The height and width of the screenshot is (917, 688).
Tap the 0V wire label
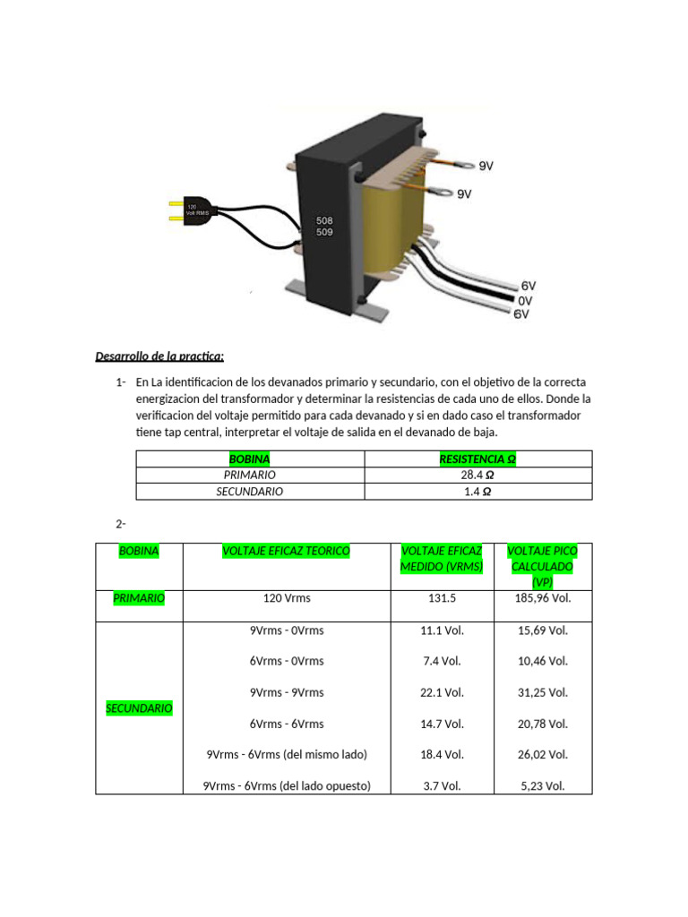(525, 301)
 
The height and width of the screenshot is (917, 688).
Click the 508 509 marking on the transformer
(323, 226)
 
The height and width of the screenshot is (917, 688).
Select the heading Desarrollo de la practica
(159, 356)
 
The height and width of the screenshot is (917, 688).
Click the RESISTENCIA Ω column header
(477, 459)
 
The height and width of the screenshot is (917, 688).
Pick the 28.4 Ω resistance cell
(477, 476)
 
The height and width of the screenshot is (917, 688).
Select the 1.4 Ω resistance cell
(477, 492)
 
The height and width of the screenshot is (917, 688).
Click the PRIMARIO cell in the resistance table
(250, 476)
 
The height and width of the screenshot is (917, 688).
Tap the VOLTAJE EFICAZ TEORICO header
(286, 552)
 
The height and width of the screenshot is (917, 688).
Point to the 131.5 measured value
(442, 598)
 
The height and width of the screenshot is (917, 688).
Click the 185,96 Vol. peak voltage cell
(543, 598)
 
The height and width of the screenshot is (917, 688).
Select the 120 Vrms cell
(287, 598)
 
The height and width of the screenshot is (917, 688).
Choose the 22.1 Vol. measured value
(442, 692)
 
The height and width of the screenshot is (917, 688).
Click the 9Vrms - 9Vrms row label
(287, 692)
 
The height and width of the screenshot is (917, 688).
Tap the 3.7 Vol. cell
(442, 786)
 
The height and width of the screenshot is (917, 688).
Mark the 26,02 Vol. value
(543, 755)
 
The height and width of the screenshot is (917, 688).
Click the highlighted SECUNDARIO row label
(139, 708)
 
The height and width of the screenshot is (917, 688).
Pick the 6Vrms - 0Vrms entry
(287, 661)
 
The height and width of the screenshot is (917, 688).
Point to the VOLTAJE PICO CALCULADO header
(542, 567)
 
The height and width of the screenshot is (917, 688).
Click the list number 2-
(122, 523)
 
